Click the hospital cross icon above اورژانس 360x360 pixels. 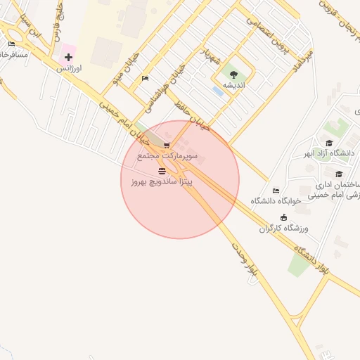(x=68, y=56)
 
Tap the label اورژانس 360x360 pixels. (x=68, y=68)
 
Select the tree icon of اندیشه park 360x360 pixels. (x=233, y=73)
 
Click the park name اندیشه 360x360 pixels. (x=233, y=84)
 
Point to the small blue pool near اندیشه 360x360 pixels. (x=218, y=91)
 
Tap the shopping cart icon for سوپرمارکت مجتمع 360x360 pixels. (x=167, y=146)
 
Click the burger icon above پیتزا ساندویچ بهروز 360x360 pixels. (x=162, y=170)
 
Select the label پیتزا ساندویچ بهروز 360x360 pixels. (x=161, y=181)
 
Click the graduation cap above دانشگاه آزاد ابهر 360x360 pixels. (x=329, y=143)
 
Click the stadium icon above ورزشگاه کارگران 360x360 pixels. (x=283, y=217)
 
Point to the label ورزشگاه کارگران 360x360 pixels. (x=283, y=229)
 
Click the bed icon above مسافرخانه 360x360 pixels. (x=11, y=44)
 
